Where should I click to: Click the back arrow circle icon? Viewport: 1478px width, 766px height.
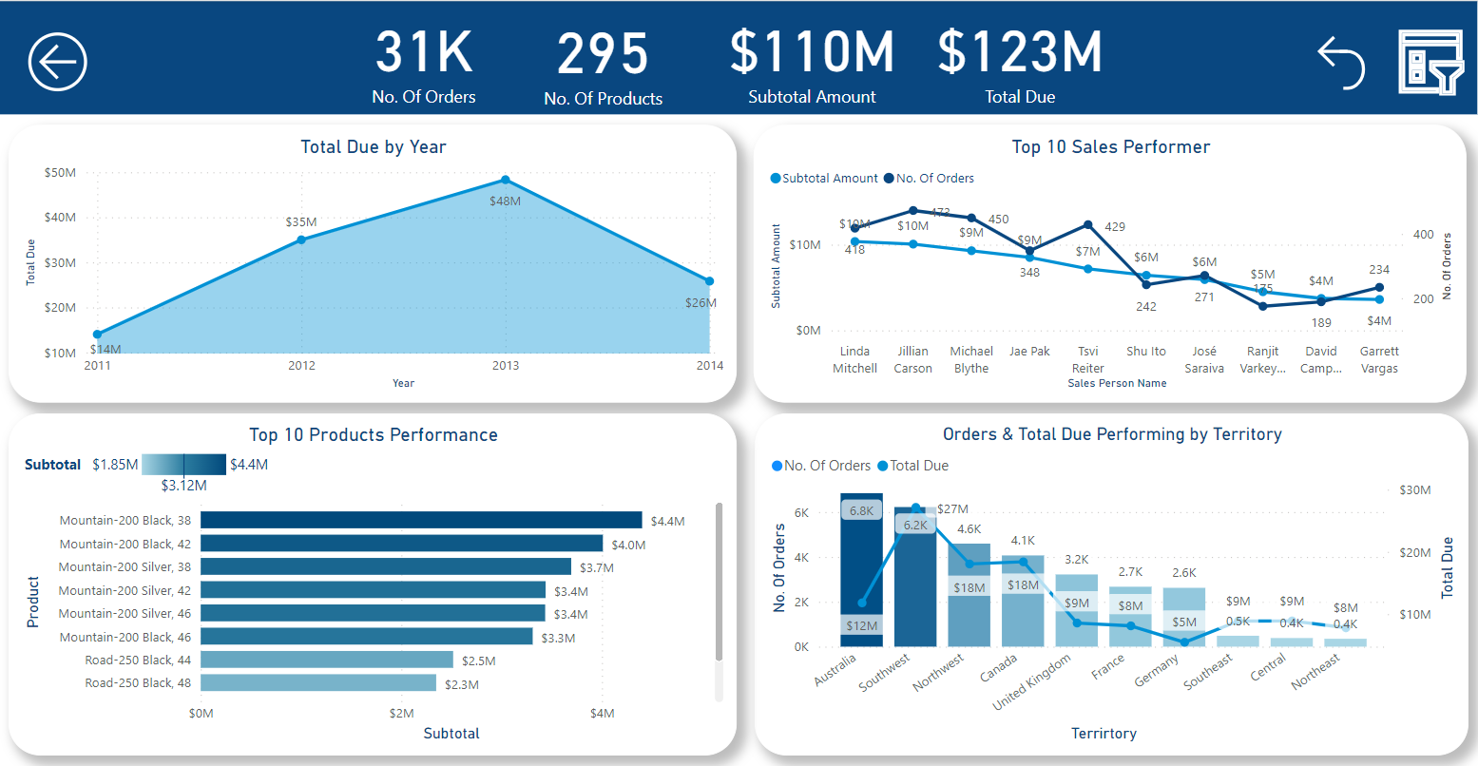pos(58,62)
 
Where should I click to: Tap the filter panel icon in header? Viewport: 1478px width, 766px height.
pos(1430,62)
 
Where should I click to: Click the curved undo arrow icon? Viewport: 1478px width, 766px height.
pos(1341,63)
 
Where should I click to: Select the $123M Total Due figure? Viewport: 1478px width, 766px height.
pos(1020,53)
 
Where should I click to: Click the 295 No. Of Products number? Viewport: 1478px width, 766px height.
pos(603,55)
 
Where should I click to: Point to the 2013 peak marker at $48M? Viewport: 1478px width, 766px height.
pos(506,180)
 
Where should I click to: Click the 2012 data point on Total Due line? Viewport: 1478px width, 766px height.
pos(301,239)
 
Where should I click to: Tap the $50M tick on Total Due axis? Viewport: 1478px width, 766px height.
pos(60,173)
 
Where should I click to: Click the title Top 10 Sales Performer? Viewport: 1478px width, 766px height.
pos(1110,146)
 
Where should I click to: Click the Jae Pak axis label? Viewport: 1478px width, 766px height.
pos(1029,352)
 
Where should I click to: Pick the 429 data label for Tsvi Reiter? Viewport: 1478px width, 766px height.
pos(1115,227)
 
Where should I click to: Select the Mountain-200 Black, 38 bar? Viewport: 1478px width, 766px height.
pos(421,520)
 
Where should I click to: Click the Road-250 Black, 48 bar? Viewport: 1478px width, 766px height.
pos(318,683)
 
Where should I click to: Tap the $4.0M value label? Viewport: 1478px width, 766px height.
pos(628,545)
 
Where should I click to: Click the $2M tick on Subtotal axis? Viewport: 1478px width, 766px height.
pos(401,713)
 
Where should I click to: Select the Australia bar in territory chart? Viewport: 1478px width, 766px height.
pos(861,570)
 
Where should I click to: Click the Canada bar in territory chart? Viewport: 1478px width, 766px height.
pos(1023,608)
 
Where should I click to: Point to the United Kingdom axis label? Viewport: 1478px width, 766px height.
pos(1033,681)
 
